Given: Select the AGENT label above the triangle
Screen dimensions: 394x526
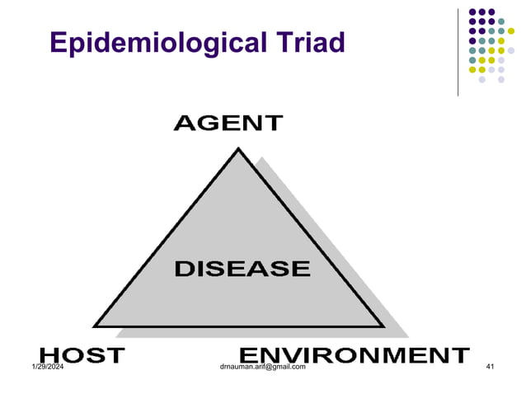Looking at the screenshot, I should coord(228,124).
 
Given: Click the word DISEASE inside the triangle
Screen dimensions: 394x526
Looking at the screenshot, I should coord(242,268).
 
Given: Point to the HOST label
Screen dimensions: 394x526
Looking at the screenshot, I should coord(82,355).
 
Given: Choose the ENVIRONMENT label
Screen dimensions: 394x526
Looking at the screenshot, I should coord(359,355).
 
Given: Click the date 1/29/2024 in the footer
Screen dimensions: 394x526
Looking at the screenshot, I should coord(49,366).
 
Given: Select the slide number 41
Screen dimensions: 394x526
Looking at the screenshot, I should coord(491,366).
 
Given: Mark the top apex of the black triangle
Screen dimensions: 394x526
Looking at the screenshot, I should coord(239,150).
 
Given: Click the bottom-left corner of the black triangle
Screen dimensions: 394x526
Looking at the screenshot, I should coord(95,326).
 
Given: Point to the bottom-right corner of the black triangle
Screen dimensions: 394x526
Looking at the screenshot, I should coord(383,326).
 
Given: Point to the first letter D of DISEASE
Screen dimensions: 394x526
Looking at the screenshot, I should coord(182,268).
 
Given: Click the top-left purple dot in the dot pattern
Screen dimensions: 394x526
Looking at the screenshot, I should coord(472,12).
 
